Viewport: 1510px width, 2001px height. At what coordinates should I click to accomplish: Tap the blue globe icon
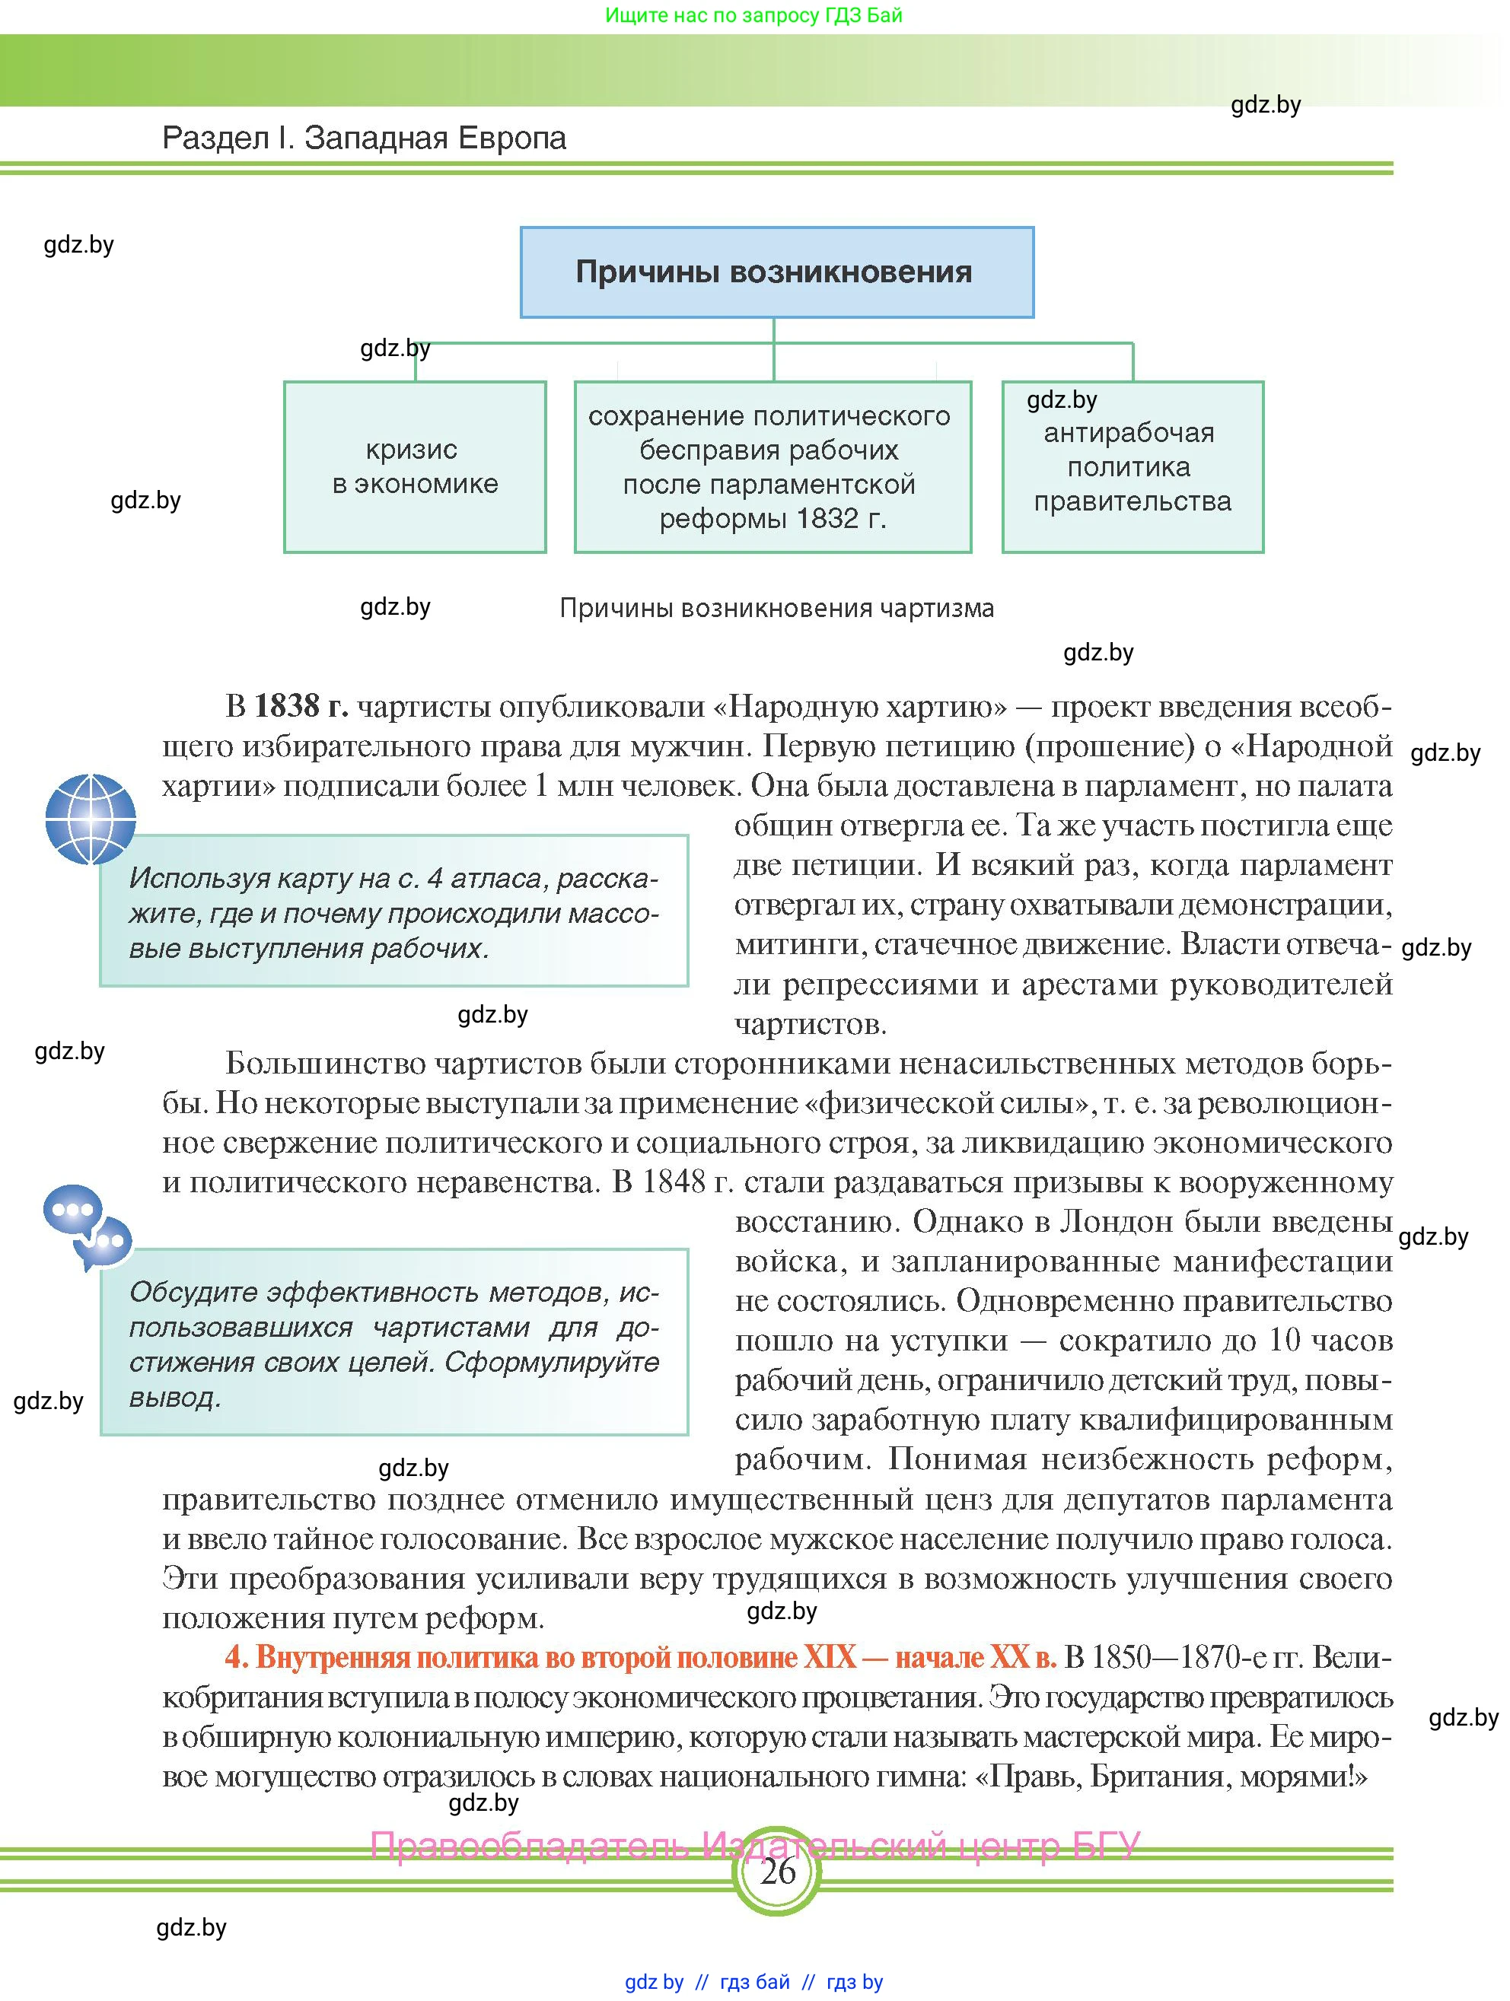click(x=91, y=819)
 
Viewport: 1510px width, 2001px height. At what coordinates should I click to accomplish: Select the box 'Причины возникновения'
click(x=776, y=272)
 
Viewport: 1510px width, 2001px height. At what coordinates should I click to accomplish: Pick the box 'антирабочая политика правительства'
click(x=1132, y=467)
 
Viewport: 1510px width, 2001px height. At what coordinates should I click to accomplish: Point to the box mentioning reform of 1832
click(x=773, y=467)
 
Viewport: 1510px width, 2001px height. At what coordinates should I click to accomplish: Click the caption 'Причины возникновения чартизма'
click(x=776, y=608)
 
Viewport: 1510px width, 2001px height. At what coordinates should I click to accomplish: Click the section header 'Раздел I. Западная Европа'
click(x=364, y=138)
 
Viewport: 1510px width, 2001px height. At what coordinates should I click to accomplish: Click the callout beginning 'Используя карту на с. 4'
click(x=393, y=911)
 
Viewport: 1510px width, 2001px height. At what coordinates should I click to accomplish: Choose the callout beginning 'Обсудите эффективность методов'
click(x=393, y=1344)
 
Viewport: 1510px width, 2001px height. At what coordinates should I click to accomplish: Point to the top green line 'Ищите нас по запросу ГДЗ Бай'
click(x=753, y=15)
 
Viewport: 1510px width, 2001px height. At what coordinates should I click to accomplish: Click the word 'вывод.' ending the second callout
click(x=174, y=1398)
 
